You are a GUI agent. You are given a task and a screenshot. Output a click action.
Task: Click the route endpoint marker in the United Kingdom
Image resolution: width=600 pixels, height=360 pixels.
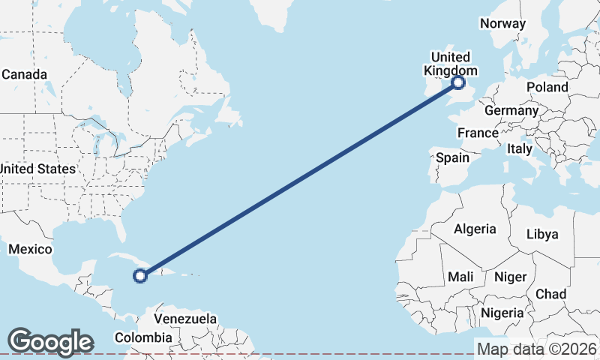point(458,83)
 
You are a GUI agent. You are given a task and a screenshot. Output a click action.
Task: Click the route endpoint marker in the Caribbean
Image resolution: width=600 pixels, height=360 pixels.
point(140,276)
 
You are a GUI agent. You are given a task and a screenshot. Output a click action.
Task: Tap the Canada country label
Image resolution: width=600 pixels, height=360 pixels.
point(25,75)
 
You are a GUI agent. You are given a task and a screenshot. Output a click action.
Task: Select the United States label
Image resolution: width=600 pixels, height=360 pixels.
point(37,169)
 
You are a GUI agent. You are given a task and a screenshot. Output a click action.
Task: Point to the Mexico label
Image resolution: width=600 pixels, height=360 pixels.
point(30,249)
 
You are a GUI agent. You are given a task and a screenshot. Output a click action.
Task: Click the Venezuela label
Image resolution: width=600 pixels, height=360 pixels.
point(185,319)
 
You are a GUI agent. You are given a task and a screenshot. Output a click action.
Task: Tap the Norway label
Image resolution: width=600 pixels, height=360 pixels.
point(502,23)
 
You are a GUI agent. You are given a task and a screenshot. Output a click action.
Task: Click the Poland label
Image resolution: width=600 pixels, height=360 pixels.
point(547,87)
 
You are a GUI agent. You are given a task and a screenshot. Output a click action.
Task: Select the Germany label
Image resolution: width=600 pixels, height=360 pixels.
point(511,111)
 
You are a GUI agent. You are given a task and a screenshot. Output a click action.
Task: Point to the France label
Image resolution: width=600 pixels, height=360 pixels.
point(478,133)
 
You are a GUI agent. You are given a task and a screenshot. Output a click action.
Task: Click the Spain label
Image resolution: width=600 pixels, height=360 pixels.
point(453,157)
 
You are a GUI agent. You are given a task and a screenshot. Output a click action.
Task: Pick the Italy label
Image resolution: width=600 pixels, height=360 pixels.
point(520,149)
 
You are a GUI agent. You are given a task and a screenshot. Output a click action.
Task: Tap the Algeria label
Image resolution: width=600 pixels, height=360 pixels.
point(475,229)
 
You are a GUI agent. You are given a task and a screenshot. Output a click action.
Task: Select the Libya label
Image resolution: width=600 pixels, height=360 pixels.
point(542,234)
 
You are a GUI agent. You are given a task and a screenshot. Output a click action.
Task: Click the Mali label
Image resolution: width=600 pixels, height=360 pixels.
point(460,277)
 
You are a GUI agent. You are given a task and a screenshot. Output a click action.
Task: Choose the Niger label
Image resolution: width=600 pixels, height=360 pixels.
point(510,277)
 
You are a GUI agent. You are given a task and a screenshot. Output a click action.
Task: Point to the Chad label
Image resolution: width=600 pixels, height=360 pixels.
point(551,294)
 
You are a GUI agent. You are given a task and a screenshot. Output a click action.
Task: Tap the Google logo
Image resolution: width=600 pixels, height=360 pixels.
point(50,342)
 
